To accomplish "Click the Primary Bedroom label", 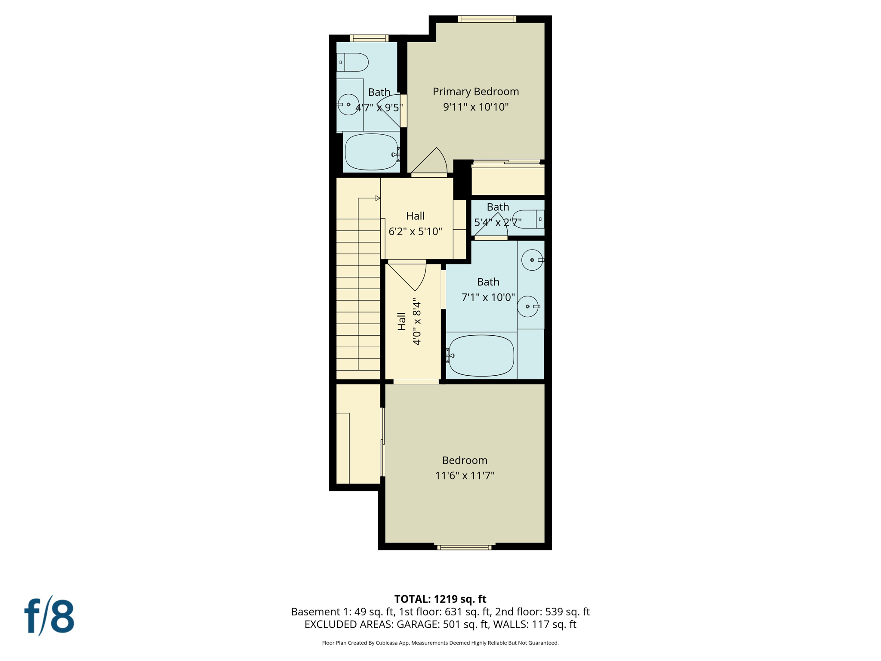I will click(x=475, y=92).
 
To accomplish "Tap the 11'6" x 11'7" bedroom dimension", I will click(x=465, y=476).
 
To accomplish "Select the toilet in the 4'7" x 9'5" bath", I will click(x=353, y=62).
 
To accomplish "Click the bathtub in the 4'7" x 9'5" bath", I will click(x=371, y=152).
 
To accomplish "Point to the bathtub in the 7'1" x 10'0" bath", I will click(x=481, y=355).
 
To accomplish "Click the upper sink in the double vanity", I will click(x=532, y=260).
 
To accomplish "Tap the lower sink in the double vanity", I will click(x=528, y=306).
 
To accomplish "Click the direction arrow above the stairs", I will click(x=377, y=198).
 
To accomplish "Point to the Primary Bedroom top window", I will click(x=487, y=19).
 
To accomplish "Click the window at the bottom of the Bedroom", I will click(x=464, y=547).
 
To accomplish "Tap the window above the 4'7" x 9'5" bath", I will click(x=369, y=38).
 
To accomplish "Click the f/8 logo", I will click(x=49, y=616).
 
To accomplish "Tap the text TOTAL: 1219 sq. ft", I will click(x=440, y=599).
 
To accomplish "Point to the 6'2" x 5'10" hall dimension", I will click(x=415, y=232).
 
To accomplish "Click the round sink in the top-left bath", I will click(x=348, y=105).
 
